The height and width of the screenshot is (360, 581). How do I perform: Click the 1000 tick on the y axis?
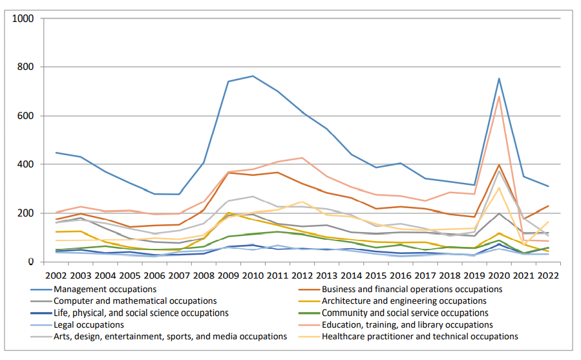tap(23, 19)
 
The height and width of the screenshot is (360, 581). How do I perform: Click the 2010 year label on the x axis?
tap(252, 276)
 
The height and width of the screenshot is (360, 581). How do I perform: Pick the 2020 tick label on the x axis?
tap(499, 276)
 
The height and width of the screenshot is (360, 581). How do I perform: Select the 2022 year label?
tap(548, 276)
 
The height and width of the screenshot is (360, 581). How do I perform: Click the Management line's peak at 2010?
tap(252, 76)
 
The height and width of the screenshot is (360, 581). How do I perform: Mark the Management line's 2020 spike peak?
tap(499, 78)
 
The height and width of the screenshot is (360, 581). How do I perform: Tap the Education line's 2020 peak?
tap(499, 96)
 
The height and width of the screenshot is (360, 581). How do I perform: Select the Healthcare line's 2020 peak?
tap(499, 188)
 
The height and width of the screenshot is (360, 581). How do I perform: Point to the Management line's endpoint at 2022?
tap(548, 186)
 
